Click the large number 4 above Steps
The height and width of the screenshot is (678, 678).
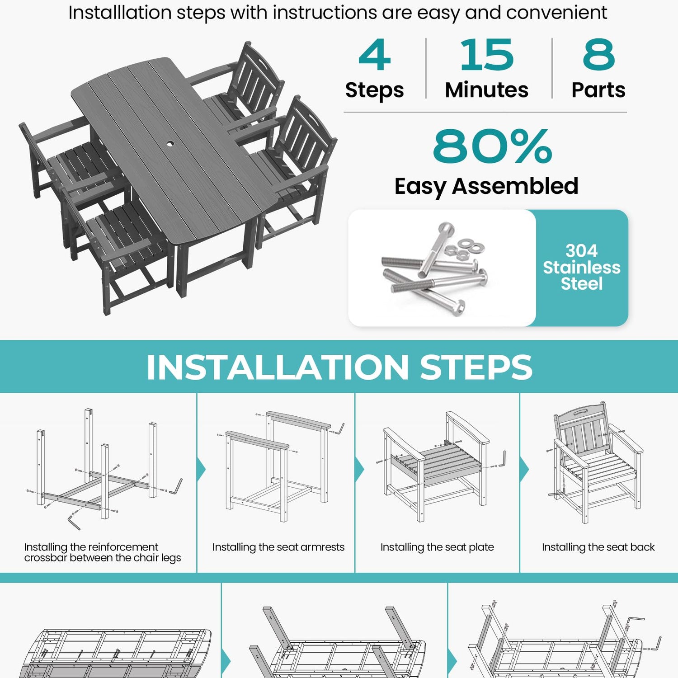374,55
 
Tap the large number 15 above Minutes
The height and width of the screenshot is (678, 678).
487,55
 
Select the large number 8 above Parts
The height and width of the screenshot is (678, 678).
598,55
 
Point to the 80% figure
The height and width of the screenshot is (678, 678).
492,146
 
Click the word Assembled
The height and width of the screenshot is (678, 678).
515,186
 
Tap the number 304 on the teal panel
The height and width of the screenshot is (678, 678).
581,250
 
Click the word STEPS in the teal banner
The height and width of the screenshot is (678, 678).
476,367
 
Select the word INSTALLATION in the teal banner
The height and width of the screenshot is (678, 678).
278,367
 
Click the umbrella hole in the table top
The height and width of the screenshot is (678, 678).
170,144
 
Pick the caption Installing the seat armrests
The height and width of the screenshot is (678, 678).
278,547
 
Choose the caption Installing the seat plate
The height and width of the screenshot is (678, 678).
437,547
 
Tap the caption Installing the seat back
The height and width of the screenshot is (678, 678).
598,547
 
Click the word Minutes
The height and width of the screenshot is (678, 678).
487,90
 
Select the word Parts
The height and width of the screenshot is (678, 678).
598,90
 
